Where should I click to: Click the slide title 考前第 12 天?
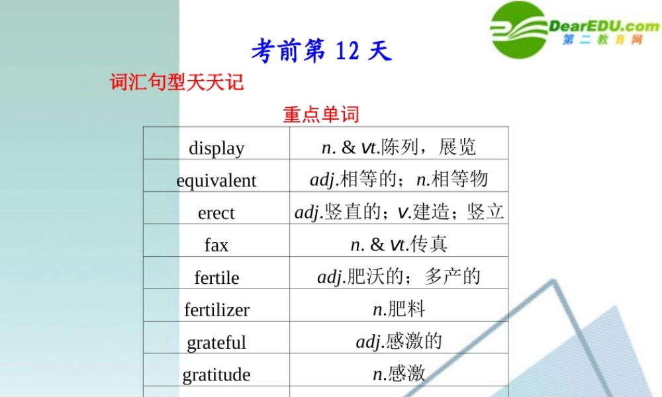[322, 52]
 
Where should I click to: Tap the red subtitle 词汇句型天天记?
[177, 83]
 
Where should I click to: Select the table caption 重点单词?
[321, 114]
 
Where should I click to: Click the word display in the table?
[216, 148]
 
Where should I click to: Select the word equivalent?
[216, 181]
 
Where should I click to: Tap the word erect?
[216, 213]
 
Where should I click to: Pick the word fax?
[216, 245]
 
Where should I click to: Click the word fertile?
[216, 278]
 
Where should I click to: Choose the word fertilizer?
[216, 310]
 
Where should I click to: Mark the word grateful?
[216, 343]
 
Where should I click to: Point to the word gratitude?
[216, 375]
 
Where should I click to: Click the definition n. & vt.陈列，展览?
[399, 147]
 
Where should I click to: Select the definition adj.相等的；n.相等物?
[399, 179]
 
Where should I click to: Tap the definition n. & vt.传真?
[399, 244]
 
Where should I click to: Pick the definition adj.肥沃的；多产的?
[399, 277]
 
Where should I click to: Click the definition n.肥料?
[399, 309]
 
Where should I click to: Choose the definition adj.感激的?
[399, 341]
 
